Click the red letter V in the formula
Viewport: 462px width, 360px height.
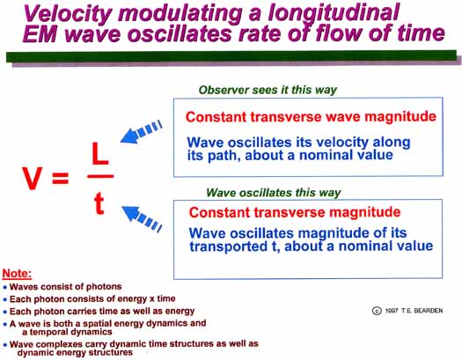click(32, 178)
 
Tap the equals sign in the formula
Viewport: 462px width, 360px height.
click(61, 178)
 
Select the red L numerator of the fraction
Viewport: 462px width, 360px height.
click(100, 153)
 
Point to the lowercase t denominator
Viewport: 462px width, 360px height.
click(99, 203)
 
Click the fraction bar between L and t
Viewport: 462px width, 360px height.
click(100, 176)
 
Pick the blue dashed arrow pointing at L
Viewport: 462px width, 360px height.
click(141, 132)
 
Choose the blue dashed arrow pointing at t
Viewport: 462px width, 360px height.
click(142, 218)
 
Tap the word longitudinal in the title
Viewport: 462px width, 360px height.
click(334, 13)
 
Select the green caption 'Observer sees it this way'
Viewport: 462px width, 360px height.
click(268, 90)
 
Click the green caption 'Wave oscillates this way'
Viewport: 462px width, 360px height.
click(274, 193)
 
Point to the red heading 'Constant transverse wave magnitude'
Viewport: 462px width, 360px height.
click(311, 117)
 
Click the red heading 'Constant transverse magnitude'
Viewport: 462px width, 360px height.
click(295, 212)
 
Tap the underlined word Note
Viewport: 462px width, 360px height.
click(17, 274)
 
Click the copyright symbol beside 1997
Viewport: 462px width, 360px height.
click(377, 311)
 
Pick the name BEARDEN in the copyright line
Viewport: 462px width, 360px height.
click(429, 311)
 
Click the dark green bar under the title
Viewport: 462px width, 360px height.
click(231, 55)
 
